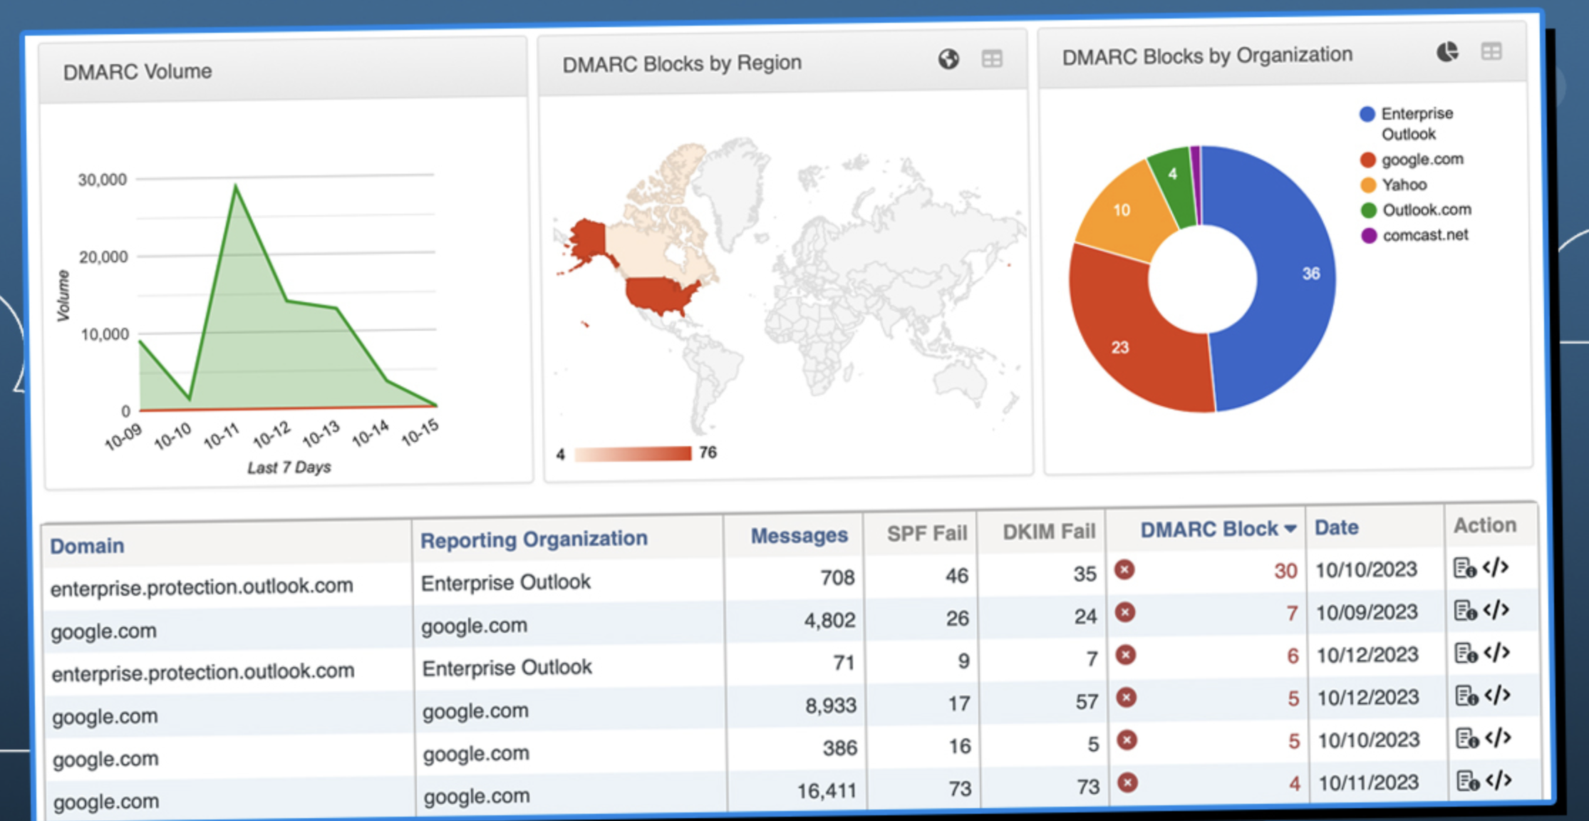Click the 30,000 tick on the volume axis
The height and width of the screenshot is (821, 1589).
coord(103,180)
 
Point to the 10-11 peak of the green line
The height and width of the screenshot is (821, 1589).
coord(236,187)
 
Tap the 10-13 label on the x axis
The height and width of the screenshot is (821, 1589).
coord(321,433)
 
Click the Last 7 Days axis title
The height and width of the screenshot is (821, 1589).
coord(289,468)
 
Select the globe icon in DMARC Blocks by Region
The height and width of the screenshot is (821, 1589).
coord(948,59)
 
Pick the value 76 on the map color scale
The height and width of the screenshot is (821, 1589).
coord(708,453)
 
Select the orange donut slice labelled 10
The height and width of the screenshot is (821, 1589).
coord(1122,210)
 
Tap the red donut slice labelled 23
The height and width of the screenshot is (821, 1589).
coord(1126,342)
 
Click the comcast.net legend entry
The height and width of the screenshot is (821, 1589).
coord(1425,235)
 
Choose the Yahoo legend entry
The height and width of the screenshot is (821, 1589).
coord(1404,185)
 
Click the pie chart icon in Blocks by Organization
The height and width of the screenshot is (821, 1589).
coord(1447,52)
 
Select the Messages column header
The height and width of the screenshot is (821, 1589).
coord(799,535)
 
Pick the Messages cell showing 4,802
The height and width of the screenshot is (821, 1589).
coord(829,620)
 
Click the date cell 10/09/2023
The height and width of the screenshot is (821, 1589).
coord(1366,612)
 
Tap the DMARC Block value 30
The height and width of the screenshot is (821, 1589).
coord(1285,571)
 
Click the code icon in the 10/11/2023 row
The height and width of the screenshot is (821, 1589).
coord(1499,780)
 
